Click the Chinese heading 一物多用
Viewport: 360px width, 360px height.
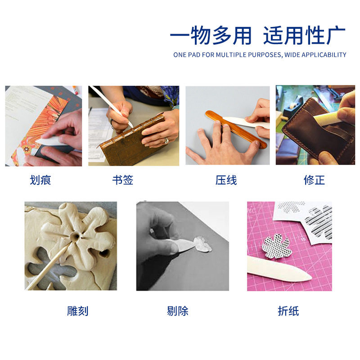[x=210, y=36]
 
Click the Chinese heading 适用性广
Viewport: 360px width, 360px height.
[x=304, y=36]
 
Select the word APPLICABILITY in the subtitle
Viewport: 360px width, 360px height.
[x=324, y=55]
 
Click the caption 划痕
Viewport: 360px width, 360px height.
[x=40, y=180]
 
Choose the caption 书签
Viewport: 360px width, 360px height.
[x=123, y=180]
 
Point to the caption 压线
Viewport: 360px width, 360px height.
[x=226, y=180]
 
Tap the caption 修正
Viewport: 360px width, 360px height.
[x=314, y=180]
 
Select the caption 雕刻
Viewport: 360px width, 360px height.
[x=78, y=310]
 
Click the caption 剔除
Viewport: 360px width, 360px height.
[x=177, y=310]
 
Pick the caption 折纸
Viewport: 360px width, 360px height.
[x=288, y=310]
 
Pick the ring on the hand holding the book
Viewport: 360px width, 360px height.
[x=166, y=140]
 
